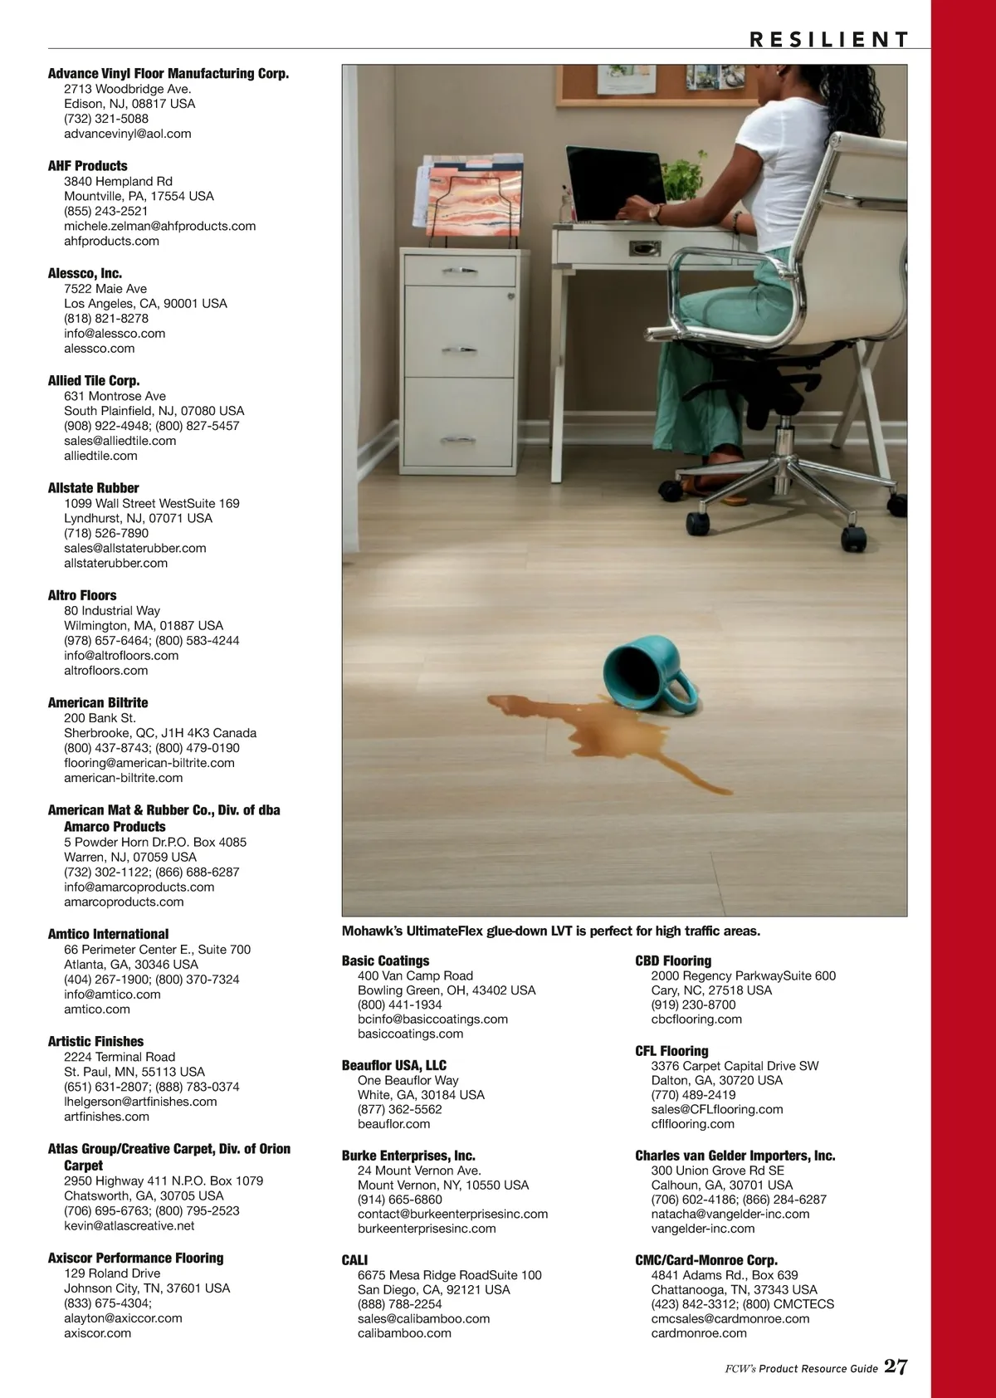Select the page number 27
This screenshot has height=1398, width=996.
(895, 1367)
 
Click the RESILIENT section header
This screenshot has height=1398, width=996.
(828, 39)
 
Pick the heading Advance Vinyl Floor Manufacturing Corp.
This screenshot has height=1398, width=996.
(168, 73)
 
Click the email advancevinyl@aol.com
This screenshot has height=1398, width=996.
(128, 134)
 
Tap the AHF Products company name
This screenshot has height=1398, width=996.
(88, 165)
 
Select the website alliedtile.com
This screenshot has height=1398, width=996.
(101, 456)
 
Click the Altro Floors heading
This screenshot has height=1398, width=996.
(82, 595)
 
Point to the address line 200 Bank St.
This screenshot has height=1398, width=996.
(100, 718)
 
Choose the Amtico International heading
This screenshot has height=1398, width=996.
(108, 934)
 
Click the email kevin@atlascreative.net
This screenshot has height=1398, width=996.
(129, 1225)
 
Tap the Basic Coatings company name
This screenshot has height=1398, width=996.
(386, 961)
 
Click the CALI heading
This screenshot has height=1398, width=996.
(354, 1259)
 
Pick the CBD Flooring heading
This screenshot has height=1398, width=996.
(673, 961)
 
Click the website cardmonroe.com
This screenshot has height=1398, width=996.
(699, 1333)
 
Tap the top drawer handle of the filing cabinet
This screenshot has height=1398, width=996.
(460, 270)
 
